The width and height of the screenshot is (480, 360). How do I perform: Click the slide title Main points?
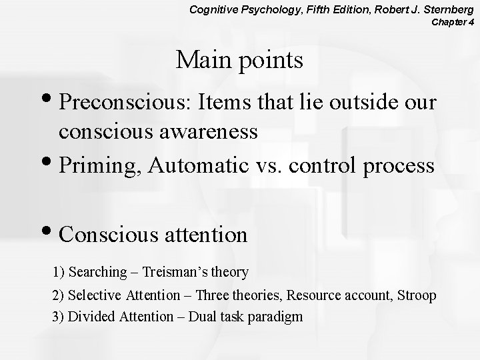point(239,61)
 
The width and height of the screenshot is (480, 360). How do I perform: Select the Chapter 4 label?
point(453,23)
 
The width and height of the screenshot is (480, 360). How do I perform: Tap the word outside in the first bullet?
point(361,103)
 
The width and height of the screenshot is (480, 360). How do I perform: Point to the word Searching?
point(97,272)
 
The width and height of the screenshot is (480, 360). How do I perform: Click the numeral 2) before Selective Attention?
point(59,295)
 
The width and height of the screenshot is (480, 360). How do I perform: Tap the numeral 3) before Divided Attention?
point(59,317)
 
